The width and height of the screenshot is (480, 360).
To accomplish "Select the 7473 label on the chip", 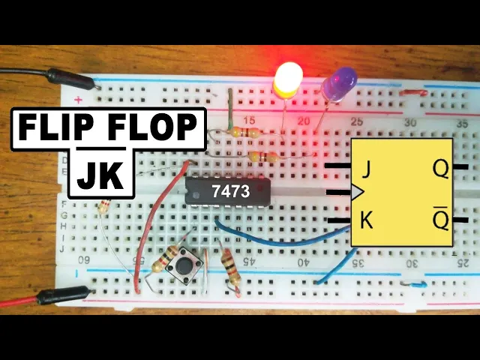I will tap(230, 192).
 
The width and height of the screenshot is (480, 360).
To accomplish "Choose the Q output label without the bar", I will tap(441, 169).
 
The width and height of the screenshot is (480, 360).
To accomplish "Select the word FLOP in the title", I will tap(152, 129).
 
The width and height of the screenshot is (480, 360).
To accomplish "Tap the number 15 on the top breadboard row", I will tap(250, 120).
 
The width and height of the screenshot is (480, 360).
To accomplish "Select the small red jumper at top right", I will tap(413, 94).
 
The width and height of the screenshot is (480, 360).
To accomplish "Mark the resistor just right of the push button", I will tap(230, 268).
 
